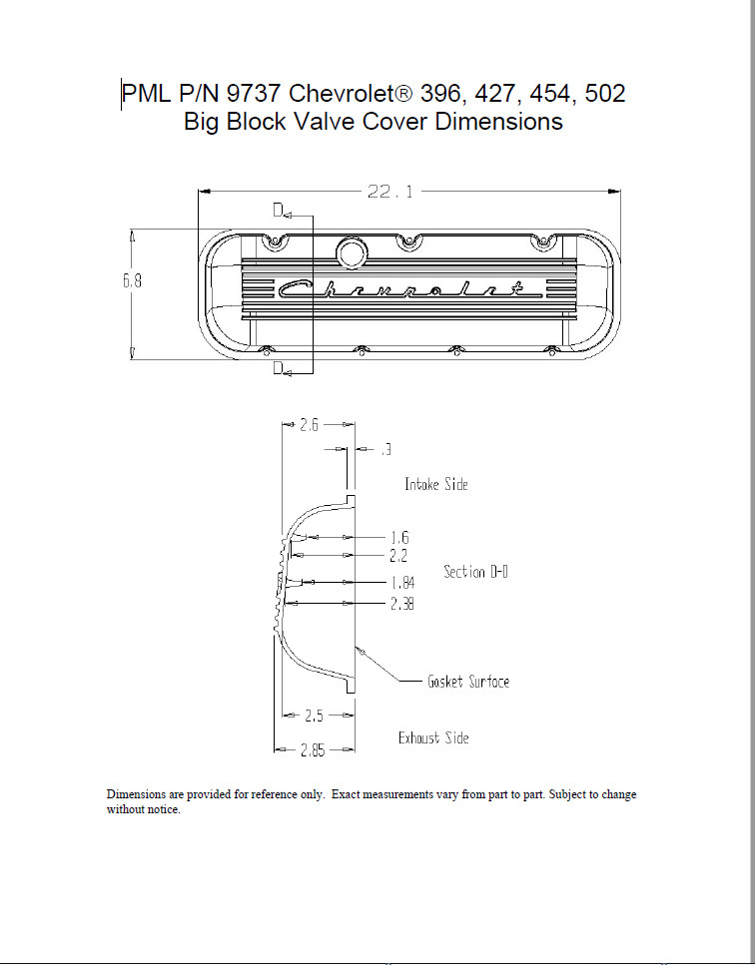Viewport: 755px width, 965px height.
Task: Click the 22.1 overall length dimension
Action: tap(390, 192)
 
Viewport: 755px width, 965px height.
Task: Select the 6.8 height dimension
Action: tap(132, 281)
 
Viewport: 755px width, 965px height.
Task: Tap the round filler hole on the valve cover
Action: tap(351, 251)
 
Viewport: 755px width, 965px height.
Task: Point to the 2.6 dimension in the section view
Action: tap(309, 425)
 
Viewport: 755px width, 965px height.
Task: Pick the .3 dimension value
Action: tap(384, 451)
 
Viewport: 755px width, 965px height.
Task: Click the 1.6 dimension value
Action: tap(398, 538)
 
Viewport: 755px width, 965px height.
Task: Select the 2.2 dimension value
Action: tap(398, 555)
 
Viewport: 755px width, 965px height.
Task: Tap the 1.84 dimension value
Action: tap(401, 582)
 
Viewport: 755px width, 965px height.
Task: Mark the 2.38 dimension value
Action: tap(401, 604)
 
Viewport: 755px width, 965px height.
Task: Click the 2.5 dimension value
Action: tap(314, 715)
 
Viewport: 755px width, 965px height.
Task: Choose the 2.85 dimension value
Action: tap(314, 750)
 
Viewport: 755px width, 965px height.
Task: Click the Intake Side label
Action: tap(435, 484)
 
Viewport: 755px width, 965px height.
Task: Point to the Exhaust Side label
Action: tap(433, 738)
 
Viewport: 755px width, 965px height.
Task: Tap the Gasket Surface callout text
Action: tap(468, 682)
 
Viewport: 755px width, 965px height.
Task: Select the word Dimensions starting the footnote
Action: tap(136, 795)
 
